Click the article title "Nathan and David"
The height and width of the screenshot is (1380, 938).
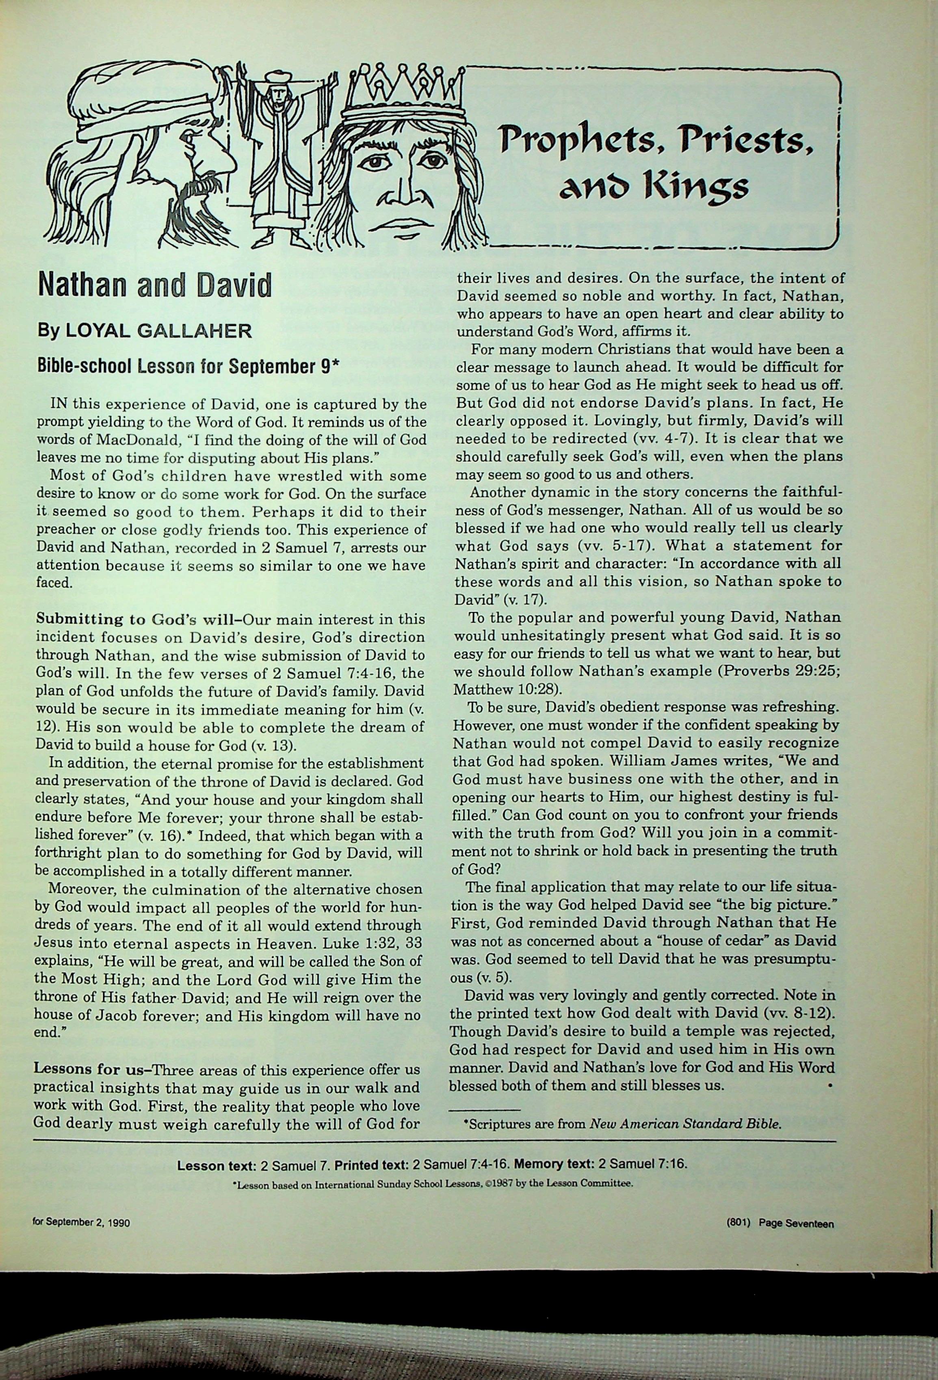coord(154,286)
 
